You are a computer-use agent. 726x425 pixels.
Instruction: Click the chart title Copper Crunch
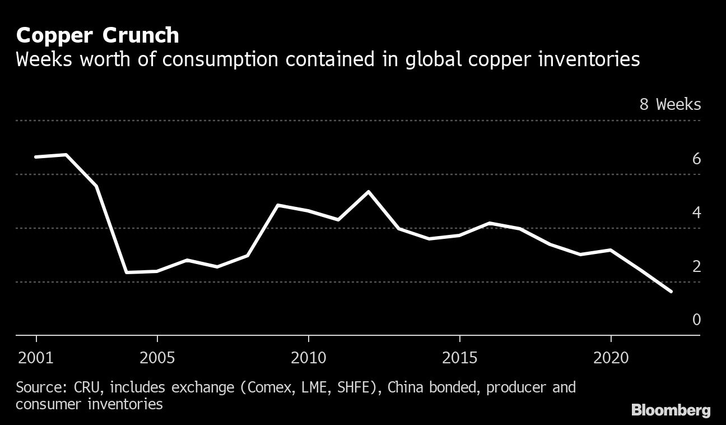pos(97,35)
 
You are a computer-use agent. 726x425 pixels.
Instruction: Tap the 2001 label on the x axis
pos(36,358)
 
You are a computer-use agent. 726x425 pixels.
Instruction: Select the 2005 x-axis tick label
pos(157,358)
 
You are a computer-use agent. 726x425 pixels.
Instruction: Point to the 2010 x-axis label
pos(308,358)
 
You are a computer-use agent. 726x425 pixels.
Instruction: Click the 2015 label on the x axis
pos(459,358)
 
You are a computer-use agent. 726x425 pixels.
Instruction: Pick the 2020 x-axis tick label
pos(610,358)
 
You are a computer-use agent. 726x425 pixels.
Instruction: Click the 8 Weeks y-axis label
pos(670,104)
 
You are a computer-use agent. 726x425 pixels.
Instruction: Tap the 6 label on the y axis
pos(696,159)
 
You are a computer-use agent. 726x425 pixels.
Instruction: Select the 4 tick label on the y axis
pos(696,212)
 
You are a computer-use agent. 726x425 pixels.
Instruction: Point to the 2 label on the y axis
pos(696,266)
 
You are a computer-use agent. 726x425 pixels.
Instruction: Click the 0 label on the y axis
pos(696,320)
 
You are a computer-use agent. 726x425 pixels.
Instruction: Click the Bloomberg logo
pos(671,410)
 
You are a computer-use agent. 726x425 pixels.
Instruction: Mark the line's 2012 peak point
pos(368,192)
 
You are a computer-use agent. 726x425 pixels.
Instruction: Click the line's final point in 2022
pos(671,292)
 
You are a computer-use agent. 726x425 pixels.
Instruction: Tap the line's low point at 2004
pos(127,272)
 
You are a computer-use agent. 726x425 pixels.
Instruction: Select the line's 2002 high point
pos(67,154)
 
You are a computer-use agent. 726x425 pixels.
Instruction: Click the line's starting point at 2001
pos(36,157)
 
